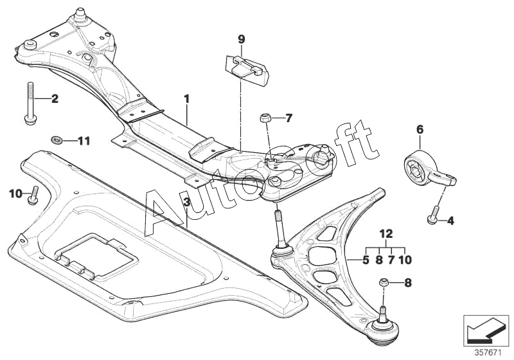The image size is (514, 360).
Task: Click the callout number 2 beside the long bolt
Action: [55, 98]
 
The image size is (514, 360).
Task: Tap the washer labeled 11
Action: [57, 140]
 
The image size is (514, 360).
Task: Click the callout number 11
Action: [84, 141]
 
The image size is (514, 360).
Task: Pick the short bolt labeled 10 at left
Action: [33, 195]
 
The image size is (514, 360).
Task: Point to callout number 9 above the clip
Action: [242, 40]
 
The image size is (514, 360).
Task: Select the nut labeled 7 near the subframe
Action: [265, 118]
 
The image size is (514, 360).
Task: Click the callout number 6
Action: [420, 129]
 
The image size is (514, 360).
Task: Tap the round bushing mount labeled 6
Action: [426, 172]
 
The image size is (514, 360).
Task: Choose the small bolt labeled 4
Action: [432, 215]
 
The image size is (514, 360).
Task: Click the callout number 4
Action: [451, 221]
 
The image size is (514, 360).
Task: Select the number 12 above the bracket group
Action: [387, 234]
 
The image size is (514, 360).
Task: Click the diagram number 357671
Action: [488, 353]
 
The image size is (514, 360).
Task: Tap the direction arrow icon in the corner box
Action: [484, 330]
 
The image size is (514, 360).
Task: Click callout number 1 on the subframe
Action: [186, 98]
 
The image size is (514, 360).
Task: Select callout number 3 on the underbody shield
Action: [186, 203]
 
